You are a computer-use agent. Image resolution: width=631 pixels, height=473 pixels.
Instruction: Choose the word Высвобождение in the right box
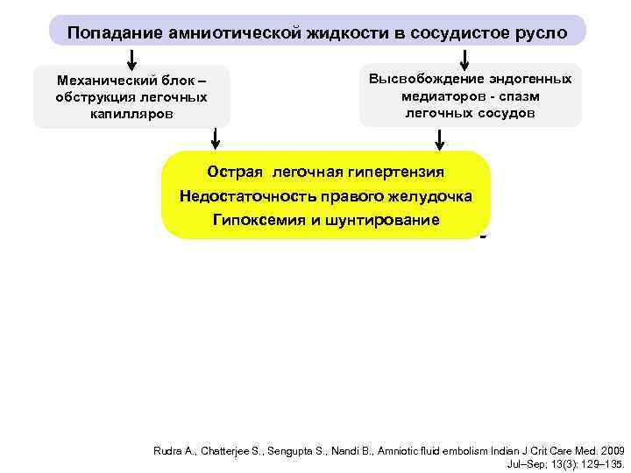coord(422,79)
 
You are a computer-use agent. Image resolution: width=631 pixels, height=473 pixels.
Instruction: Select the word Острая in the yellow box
coord(236,172)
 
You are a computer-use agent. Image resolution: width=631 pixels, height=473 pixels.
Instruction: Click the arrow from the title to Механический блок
coord(132,57)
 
